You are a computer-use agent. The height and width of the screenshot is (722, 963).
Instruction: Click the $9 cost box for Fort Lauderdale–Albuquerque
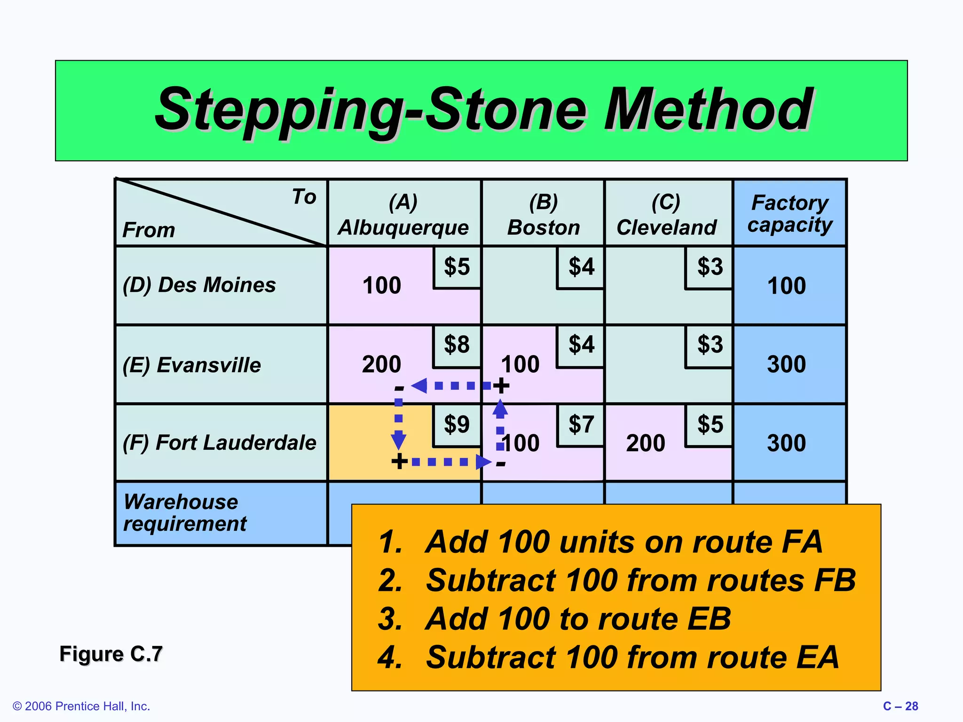(457, 424)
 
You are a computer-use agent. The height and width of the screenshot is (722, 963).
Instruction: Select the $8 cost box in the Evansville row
(457, 345)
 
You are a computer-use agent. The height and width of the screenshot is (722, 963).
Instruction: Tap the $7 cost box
(581, 424)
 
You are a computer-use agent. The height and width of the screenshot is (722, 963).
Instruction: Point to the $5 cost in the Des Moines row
(457, 267)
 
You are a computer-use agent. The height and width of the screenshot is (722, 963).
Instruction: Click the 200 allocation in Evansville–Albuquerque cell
(381, 364)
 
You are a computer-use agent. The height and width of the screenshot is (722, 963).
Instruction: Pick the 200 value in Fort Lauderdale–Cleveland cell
(646, 443)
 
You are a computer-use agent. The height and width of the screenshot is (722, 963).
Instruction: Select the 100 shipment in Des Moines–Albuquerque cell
(381, 286)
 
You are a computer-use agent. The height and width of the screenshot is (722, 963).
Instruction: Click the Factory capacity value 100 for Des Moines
(786, 286)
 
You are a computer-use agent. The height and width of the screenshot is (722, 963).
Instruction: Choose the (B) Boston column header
(544, 215)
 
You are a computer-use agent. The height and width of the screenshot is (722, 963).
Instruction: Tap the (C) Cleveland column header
(666, 215)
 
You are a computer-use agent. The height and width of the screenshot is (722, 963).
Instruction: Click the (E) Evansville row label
(191, 365)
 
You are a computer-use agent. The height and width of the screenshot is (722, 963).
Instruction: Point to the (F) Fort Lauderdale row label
(219, 443)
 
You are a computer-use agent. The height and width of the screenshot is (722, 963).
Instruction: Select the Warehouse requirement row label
(185, 513)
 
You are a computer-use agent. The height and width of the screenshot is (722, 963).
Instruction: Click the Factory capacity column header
(789, 213)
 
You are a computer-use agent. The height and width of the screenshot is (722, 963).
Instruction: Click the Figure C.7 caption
(111, 654)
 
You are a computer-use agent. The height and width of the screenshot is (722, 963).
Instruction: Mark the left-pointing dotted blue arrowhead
(419, 386)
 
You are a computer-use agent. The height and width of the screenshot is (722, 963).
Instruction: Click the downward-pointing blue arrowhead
(398, 441)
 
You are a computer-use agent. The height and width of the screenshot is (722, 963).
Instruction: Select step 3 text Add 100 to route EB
(555, 619)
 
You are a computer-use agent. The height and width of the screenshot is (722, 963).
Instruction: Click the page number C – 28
(900, 706)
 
